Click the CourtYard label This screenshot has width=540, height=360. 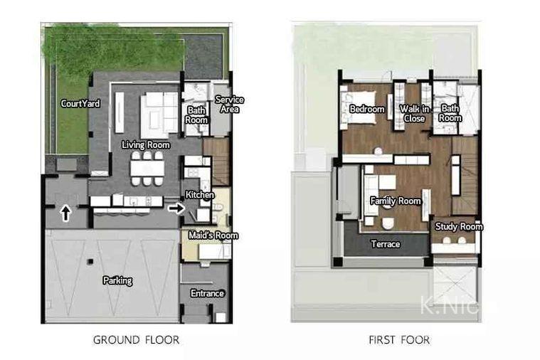tap(80, 103)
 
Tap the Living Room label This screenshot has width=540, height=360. tap(146, 144)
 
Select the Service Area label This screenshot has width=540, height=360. tap(229, 105)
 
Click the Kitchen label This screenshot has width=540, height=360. tap(200, 195)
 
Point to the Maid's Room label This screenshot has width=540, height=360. tap(213, 235)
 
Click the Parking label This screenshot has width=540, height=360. tap(117, 280)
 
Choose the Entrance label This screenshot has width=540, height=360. tap(207, 293)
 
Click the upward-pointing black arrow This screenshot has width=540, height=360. tap(65, 213)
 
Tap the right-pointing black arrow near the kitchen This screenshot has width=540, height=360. tap(176, 208)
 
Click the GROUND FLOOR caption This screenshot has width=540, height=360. tap(136, 340)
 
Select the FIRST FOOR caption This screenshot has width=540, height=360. tap(399, 340)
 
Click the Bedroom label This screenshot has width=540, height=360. tap(367, 109)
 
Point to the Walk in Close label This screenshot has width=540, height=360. tap(414, 114)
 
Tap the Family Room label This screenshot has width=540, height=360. tap(396, 201)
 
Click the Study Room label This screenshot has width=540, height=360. tap(459, 226)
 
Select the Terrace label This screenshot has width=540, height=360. tap(386, 244)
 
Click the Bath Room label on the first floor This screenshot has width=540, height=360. tap(450, 113)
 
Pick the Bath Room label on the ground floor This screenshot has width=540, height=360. tap(196, 115)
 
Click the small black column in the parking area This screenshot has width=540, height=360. tap(90, 262)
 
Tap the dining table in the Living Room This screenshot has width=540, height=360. tap(147, 169)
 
